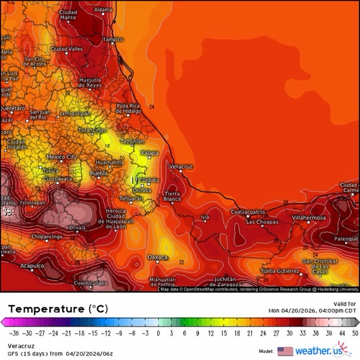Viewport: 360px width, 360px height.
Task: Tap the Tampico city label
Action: tap(113, 39)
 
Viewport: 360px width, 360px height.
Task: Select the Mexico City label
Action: tap(62, 157)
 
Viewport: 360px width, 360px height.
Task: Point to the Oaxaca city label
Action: tap(158, 257)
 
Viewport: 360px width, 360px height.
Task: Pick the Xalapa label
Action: tap(149, 153)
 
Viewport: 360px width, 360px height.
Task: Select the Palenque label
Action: tap(346, 239)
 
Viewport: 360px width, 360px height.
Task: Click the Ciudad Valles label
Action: tap(67, 49)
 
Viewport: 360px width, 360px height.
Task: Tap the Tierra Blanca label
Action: tap(172, 196)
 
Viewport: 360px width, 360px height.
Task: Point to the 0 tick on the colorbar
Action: tap(158, 332)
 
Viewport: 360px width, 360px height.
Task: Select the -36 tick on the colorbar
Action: tap(13, 332)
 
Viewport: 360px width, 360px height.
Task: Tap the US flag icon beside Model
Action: tap(285, 351)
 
